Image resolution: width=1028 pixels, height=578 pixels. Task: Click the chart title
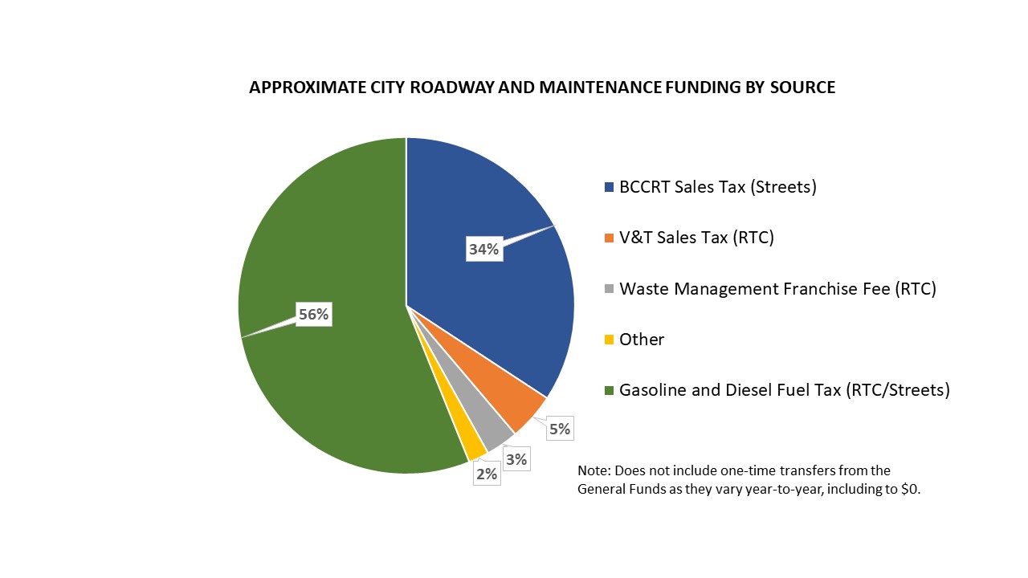click(x=542, y=88)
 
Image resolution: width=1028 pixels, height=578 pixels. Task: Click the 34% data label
click(x=483, y=249)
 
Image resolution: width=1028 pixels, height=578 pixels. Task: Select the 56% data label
click(x=313, y=315)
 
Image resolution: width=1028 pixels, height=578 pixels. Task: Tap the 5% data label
click(x=559, y=429)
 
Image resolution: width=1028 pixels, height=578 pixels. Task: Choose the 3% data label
click(x=516, y=459)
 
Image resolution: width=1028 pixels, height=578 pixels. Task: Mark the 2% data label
click(x=487, y=474)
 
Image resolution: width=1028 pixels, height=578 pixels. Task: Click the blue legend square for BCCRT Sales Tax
click(x=609, y=188)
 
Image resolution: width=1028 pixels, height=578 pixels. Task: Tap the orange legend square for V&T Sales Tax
click(x=609, y=238)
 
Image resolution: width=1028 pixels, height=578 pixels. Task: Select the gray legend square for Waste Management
click(x=609, y=289)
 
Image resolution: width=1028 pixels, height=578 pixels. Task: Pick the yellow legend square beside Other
click(x=609, y=340)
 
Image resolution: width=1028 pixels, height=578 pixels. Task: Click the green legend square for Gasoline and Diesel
click(x=609, y=391)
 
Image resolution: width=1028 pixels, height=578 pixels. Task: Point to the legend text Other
click(x=642, y=340)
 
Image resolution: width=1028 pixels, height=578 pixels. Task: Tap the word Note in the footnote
click(x=592, y=470)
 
